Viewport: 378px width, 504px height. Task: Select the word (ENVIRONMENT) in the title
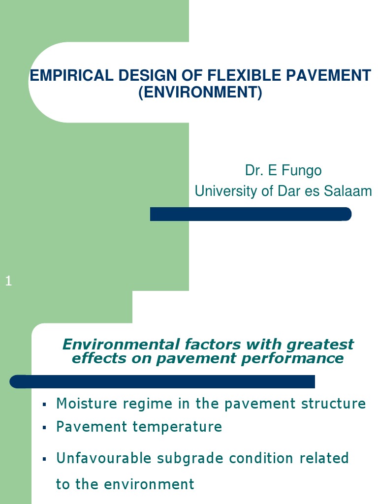[200, 92]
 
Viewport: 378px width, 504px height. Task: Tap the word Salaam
[348, 190]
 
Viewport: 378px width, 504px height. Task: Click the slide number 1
[8, 281]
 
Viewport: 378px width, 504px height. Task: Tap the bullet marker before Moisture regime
[44, 405]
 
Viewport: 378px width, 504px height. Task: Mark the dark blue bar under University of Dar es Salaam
[250, 214]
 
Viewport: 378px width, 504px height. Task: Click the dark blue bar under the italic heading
[162, 381]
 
